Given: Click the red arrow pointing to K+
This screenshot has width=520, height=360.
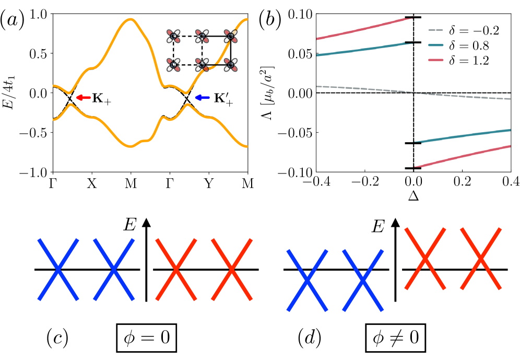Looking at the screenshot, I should tap(83, 97).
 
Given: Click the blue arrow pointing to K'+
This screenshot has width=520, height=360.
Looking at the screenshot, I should tap(202, 97).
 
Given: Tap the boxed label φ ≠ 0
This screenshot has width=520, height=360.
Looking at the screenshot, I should tap(396, 340).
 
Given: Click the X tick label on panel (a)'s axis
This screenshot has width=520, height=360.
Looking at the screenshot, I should tap(92, 183).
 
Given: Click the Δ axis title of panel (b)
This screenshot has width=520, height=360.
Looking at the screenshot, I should tap(413, 199).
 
